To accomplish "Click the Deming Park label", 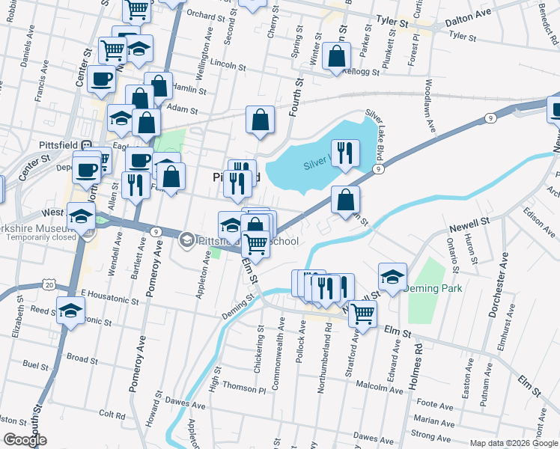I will coord(432,288).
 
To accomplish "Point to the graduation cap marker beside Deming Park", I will coord(392,276).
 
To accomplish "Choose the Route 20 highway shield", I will coord(49,284).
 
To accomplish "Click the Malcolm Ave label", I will coord(382,386).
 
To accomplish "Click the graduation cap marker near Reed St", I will coord(71,310).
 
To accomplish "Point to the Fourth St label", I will coord(295,97).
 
